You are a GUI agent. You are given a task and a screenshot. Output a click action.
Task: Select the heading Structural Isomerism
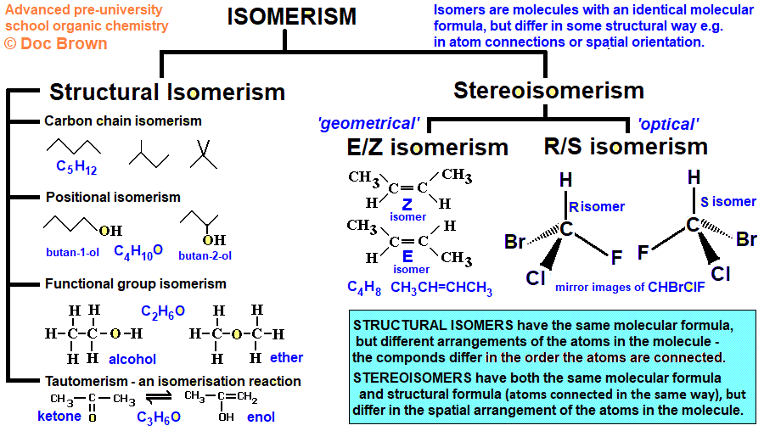pyautogui.click(x=167, y=92)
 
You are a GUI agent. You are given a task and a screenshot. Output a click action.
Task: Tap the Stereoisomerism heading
pyautogui.click(x=548, y=90)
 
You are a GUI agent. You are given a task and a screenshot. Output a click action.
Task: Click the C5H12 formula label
pyautogui.click(x=76, y=167)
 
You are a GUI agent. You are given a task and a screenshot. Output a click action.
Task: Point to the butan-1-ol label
pyautogui.click(x=74, y=252)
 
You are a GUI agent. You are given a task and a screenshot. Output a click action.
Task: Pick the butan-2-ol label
pyautogui.click(x=205, y=255)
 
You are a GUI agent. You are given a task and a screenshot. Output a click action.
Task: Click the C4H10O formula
pyautogui.click(x=138, y=251)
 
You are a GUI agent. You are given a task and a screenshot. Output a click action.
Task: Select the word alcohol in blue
pyautogui.click(x=132, y=359)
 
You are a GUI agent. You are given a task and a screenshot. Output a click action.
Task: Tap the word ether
pyautogui.click(x=287, y=357)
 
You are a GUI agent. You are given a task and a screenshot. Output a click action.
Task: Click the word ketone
pyautogui.click(x=59, y=416)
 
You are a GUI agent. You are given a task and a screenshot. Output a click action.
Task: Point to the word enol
pyautogui.click(x=261, y=417)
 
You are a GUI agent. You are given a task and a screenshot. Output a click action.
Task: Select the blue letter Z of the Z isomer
pyautogui.click(x=407, y=204)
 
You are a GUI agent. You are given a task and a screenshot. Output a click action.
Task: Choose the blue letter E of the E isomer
pyautogui.click(x=407, y=256)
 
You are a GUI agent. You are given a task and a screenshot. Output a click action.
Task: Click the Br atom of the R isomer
pyautogui.click(x=515, y=242)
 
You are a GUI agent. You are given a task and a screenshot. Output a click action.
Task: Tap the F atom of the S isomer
pyautogui.click(x=643, y=252)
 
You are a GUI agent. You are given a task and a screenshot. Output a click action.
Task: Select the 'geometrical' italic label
pyautogui.click(x=368, y=125)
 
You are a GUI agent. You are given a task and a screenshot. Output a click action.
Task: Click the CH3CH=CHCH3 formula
pyautogui.click(x=441, y=288)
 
